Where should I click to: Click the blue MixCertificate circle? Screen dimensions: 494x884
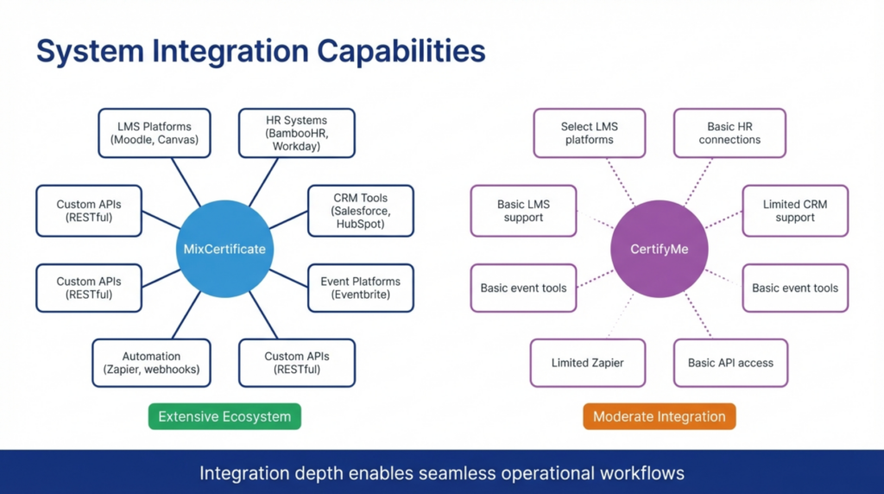224,250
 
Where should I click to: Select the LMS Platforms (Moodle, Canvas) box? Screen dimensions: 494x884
154,133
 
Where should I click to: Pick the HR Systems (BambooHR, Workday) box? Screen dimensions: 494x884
296,133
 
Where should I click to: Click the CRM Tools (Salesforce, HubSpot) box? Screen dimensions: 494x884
360,211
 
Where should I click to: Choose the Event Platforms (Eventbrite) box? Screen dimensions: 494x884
360,288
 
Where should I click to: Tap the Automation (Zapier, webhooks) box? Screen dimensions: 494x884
151,363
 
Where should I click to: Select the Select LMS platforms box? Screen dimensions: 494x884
589,133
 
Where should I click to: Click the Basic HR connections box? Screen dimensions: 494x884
729,133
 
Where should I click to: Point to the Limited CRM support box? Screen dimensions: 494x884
795,211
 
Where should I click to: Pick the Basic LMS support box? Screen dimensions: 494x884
523,211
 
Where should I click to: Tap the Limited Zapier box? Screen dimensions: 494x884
587,363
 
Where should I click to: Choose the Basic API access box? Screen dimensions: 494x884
730,363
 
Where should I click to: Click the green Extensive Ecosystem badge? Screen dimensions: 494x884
224,416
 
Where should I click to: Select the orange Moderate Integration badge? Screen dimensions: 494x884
660,416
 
